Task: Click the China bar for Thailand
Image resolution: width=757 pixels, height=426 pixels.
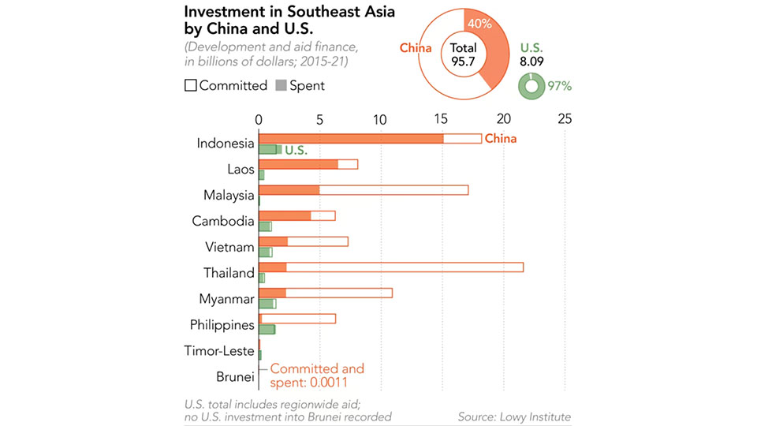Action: click(x=390, y=267)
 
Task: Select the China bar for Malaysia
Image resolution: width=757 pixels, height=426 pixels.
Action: click(x=364, y=190)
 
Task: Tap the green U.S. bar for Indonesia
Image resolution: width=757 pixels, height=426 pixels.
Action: click(x=270, y=149)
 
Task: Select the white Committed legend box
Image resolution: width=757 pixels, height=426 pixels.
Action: click(x=190, y=85)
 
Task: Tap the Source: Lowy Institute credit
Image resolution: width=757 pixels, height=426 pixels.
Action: click(x=514, y=416)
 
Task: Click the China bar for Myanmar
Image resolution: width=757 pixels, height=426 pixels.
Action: click(x=325, y=293)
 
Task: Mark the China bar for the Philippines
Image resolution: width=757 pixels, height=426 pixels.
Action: click(x=297, y=319)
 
